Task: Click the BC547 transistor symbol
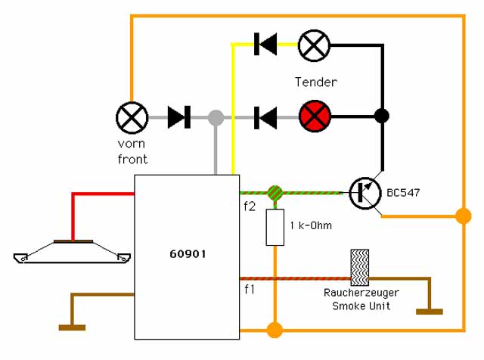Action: (x=365, y=194)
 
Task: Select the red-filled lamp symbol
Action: (x=315, y=116)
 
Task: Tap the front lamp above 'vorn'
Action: (x=132, y=118)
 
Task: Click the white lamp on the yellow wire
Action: (x=315, y=45)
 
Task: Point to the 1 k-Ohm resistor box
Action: (x=275, y=227)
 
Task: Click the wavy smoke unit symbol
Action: (x=360, y=268)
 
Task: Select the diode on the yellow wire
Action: (x=265, y=44)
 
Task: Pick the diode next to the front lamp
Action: (x=179, y=117)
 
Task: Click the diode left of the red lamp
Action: (x=265, y=118)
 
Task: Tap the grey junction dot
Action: (x=216, y=118)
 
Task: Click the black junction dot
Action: (x=382, y=116)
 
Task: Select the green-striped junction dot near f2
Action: (x=275, y=194)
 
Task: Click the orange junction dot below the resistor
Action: (x=275, y=330)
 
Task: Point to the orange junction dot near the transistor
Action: (x=464, y=216)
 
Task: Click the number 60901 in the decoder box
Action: (x=188, y=254)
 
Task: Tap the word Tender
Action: (x=316, y=82)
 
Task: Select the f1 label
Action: (x=250, y=290)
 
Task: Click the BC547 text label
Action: (x=403, y=193)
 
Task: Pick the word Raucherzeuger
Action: (x=361, y=293)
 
